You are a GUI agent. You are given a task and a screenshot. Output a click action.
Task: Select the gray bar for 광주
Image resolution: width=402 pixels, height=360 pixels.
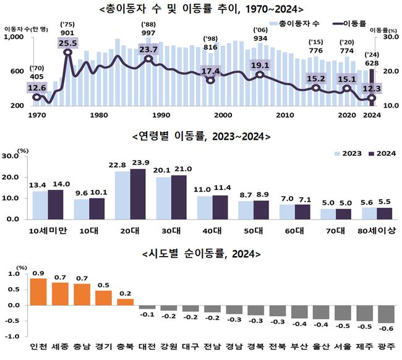click(386, 314)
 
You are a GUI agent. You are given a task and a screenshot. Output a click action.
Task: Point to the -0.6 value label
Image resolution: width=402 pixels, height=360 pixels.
click(386, 328)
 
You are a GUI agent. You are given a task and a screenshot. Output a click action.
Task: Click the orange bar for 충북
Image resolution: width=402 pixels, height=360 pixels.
click(126, 302)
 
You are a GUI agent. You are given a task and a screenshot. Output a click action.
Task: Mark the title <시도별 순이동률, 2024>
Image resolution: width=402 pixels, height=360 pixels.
click(202, 254)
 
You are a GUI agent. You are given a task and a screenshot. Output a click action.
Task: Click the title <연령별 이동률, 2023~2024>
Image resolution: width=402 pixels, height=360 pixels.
click(202, 136)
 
